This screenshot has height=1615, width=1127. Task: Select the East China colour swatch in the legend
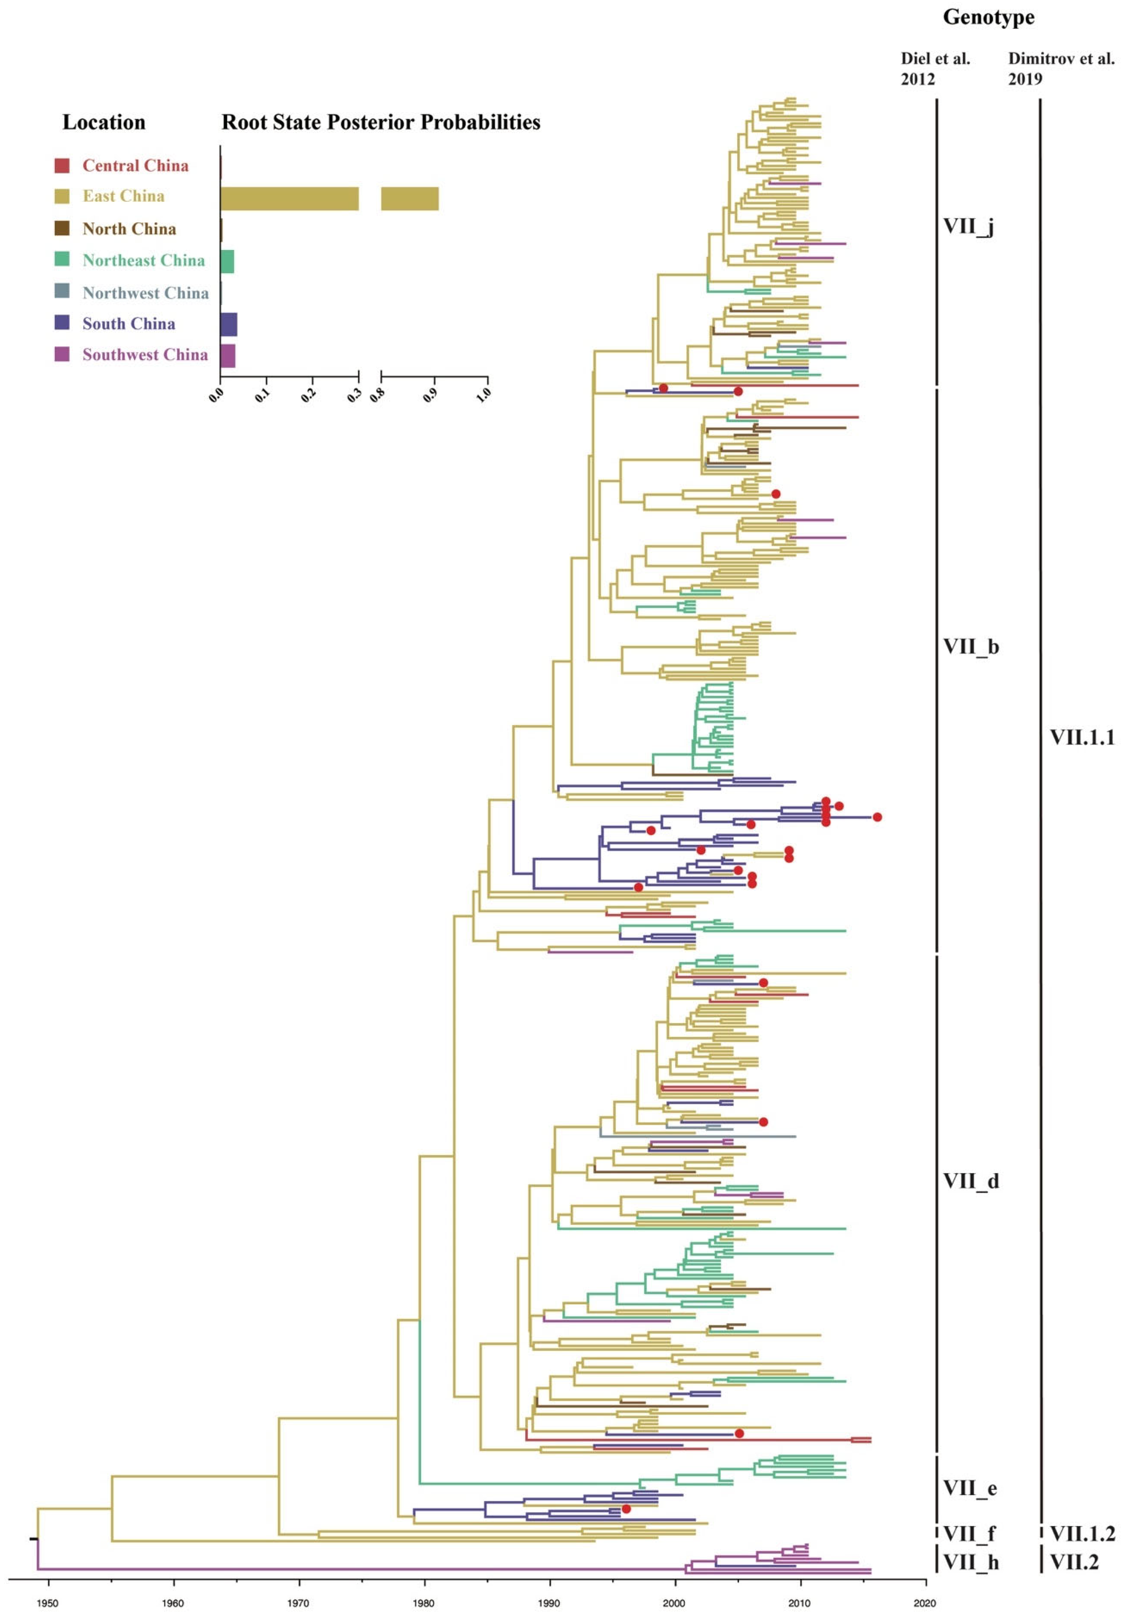(62, 196)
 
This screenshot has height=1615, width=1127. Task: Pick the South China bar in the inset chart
(228, 324)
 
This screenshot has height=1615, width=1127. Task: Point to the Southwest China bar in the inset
(228, 356)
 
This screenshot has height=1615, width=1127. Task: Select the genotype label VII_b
(970, 646)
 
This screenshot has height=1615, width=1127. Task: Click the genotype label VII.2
(1074, 1562)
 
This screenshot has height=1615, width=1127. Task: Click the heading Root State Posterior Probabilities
(381, 122)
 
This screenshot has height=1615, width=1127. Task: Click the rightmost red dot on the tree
(877, 817)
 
